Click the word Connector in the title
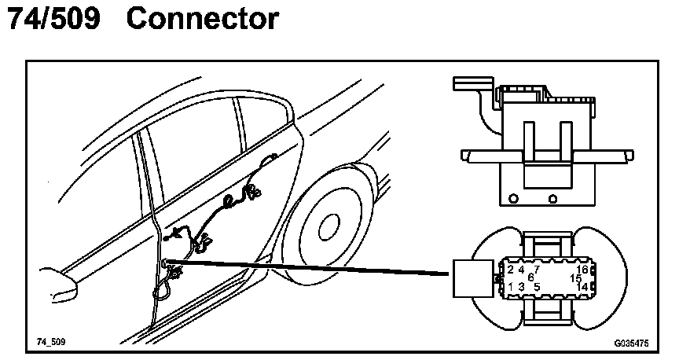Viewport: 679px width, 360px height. [202, 20]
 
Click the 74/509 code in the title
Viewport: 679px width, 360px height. [53, 20]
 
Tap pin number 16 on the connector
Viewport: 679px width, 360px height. [582, 270]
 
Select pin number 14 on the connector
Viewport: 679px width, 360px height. [582, 287]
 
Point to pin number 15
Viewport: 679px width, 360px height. [576, 278]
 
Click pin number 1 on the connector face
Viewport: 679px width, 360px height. [512, 287]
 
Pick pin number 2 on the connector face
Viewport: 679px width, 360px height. [512, 270]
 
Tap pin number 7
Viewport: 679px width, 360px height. [536, 270]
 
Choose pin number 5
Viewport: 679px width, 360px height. [536, 287]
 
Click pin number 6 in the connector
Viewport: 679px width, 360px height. [530, 277]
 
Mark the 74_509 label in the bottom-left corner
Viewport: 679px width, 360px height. [50, 343]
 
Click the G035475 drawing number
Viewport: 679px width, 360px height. [631, 343]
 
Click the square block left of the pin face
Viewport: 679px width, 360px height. [472, 279]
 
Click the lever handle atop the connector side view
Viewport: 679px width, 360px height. [472, 82]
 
